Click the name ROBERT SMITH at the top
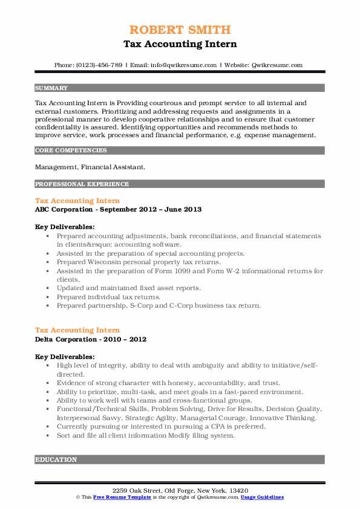point(180,30)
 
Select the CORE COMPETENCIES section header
point(71,150)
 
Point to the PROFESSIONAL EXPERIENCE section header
point(82,184)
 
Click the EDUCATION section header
point(56,459)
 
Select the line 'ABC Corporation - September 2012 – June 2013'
point(118,209)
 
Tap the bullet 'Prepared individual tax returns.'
point(110,297)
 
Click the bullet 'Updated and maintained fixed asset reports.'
point(129,288)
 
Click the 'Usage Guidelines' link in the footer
point(262,497)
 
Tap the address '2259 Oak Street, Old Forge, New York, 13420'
point(180,489)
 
